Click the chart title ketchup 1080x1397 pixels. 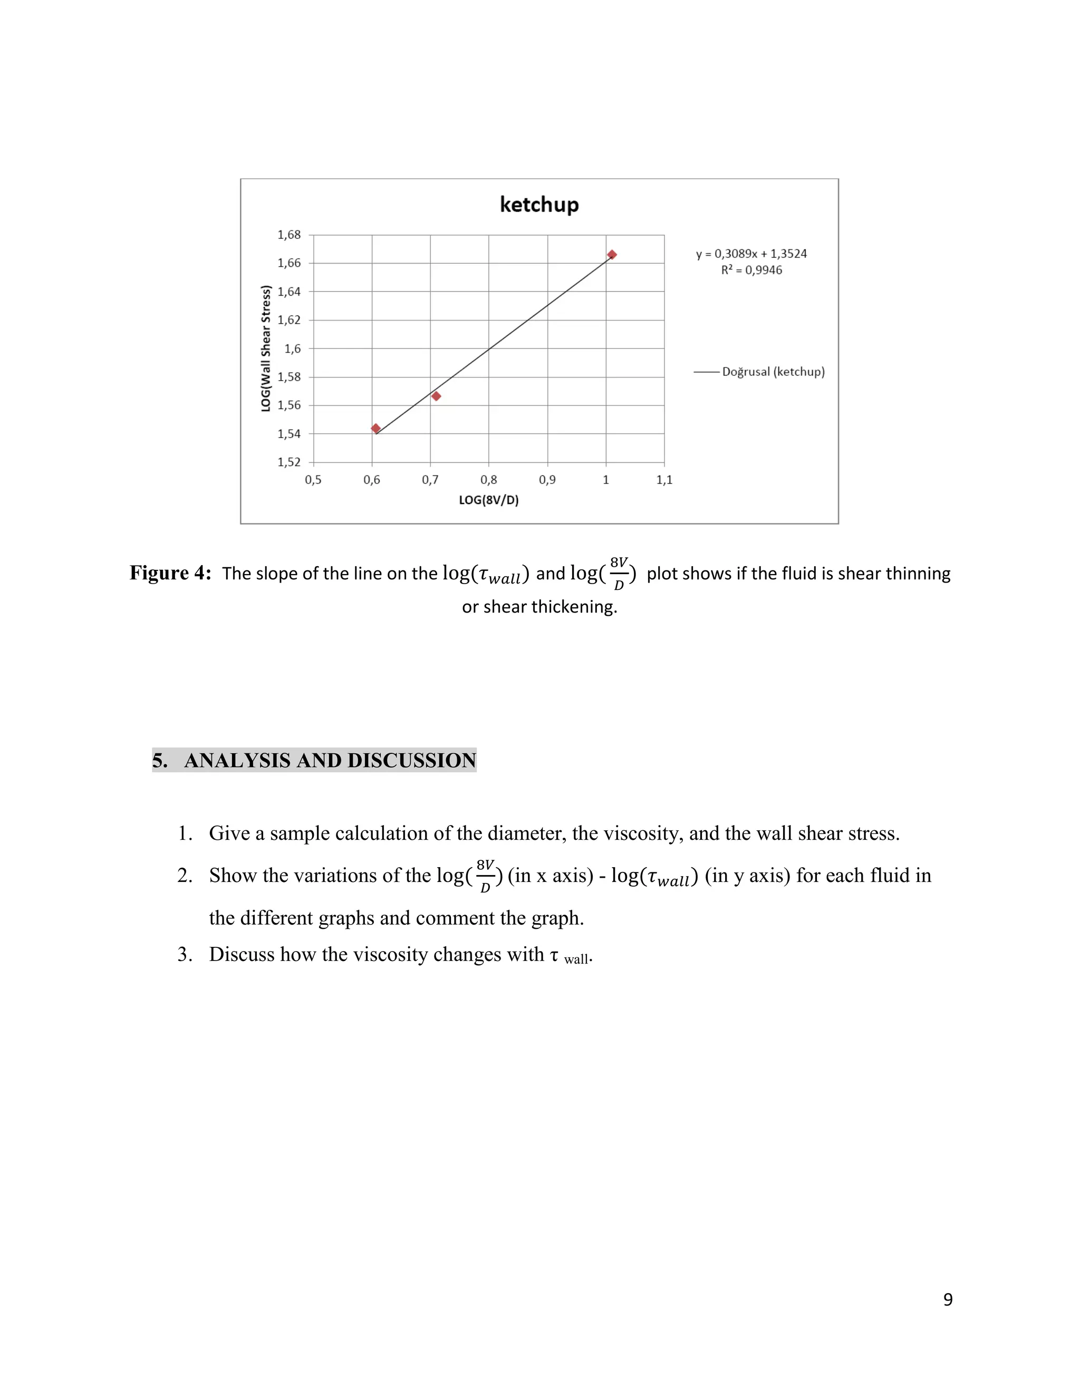[539, 205]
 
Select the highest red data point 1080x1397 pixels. [612, 255]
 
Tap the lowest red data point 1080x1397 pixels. [375, 429]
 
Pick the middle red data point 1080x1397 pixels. [436, 396]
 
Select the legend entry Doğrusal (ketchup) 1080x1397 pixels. [773, 372]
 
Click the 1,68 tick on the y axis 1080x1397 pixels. [288, 235]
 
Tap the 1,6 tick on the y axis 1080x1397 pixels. [292, 348]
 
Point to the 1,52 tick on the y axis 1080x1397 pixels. [288, 462]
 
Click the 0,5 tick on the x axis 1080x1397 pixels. [313, 480]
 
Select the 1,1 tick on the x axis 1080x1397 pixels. [664, 480]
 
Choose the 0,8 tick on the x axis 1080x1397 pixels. [489, 480]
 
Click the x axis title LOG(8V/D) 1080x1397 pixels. [489, 500]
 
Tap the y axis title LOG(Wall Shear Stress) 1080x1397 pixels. [266, 348]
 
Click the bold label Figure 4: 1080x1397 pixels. [170, 573]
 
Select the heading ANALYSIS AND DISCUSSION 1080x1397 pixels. [330, 761]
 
